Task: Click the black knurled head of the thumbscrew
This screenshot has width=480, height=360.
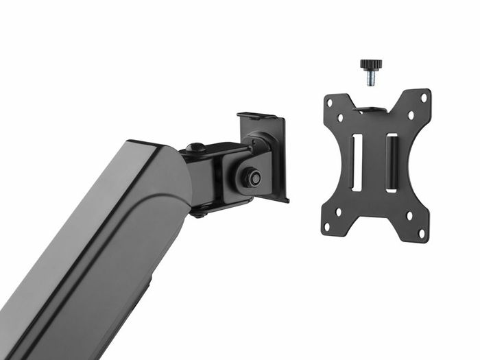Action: click(x=370, y=65)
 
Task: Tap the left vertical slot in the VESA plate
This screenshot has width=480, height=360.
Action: click(x=357, y=163)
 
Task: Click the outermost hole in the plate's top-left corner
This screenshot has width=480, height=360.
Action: click(x=330, y=101)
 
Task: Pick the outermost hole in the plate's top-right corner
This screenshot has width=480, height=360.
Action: click(x=423, y=97)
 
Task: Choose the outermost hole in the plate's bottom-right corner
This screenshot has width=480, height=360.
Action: click(x=421, y=234)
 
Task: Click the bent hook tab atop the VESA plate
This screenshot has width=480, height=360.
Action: click(x=370, y=109)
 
